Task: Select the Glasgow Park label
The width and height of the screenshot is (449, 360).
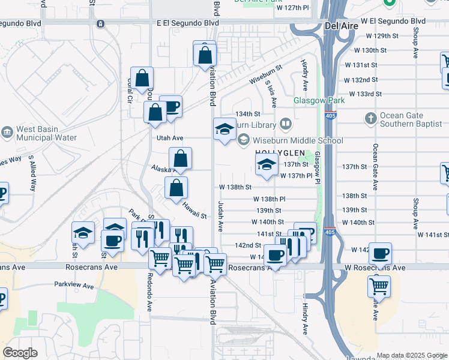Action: pyautogui.click(x=319, y=101)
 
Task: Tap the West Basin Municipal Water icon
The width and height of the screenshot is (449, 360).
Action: pyautogui.click(x=7, y=131)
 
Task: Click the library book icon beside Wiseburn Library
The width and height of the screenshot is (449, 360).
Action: pyautogui.click(x=286, y=124)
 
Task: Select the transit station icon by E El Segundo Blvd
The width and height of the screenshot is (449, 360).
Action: pyautogui.click(x=101, y=24)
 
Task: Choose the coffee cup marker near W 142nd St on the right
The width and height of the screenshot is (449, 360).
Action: pyautogui.click(x=379, y=254)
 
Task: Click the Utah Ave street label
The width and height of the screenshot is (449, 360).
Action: pyautogui.click(x=170, y=138)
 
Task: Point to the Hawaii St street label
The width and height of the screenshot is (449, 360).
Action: pyautogui.click(x=195, y=212)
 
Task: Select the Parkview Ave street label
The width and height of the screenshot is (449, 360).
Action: pyautogui.click(x=74, y=286)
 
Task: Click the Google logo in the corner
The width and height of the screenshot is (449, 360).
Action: pyautogui.click(x=20, y=353)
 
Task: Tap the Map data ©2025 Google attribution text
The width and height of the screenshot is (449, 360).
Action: pyautogui.click(x=411, y=355)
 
